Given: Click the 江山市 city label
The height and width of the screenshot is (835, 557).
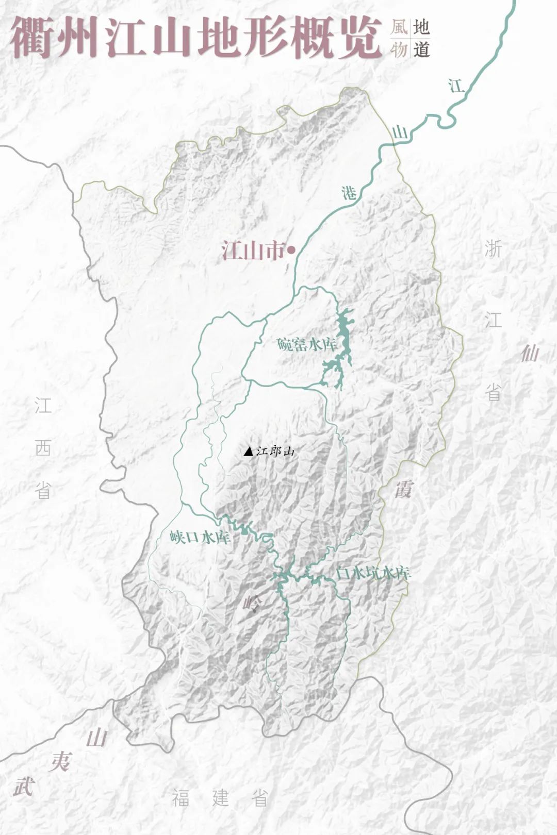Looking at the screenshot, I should pyautogui.click(x=253, y=251).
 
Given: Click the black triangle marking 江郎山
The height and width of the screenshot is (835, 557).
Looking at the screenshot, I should pyautogui.click(x=249, y=452).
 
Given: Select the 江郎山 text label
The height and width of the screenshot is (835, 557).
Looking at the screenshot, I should pyautogui.click(x=275, y=452).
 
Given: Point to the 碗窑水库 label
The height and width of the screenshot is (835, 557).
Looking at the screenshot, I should pyautogui.click(x=306, y=344).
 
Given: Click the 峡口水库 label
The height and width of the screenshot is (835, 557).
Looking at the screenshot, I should pyautogui.click(x=200, y=538).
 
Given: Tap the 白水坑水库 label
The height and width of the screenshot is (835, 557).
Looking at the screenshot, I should pyautogui.click(x=373, y=573).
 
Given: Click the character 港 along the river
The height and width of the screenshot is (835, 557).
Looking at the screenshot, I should pyautogui.click(x=349, y=193).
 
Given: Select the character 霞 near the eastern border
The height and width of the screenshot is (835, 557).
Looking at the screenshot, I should pyautogui.click(x=404, y=489).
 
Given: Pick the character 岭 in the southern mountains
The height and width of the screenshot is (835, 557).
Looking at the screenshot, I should pyautogui.click(x=253, y=602).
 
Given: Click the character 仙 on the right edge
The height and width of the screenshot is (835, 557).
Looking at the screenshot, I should pyautogui.click(x=530, y=353).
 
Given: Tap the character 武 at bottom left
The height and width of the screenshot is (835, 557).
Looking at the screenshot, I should pyautogui.click(x=23, y=787).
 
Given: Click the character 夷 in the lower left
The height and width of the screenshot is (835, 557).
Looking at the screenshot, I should pyautogui.click(x=61, y=761).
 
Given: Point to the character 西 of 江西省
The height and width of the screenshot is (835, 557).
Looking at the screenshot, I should pyautogui.click(x=43, y=447).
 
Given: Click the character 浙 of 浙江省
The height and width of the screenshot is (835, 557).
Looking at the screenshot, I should pyautogui.click(x=493, y=249).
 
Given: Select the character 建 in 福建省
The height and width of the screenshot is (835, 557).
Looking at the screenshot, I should pyautogui.click(x=220, y=798).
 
